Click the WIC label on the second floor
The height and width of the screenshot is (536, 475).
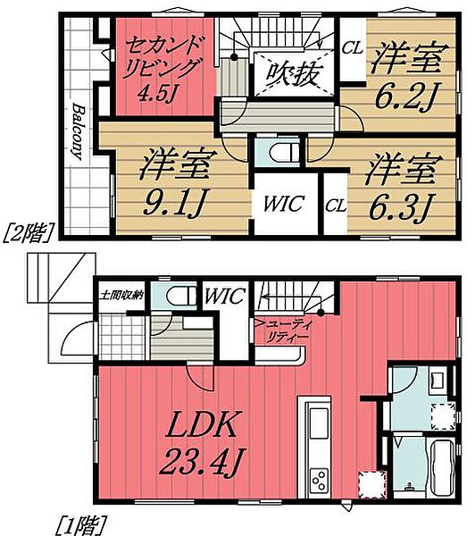click(281, 204)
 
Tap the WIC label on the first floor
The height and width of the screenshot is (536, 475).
click(221, 296)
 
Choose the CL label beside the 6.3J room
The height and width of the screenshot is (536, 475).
click(337, 204)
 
